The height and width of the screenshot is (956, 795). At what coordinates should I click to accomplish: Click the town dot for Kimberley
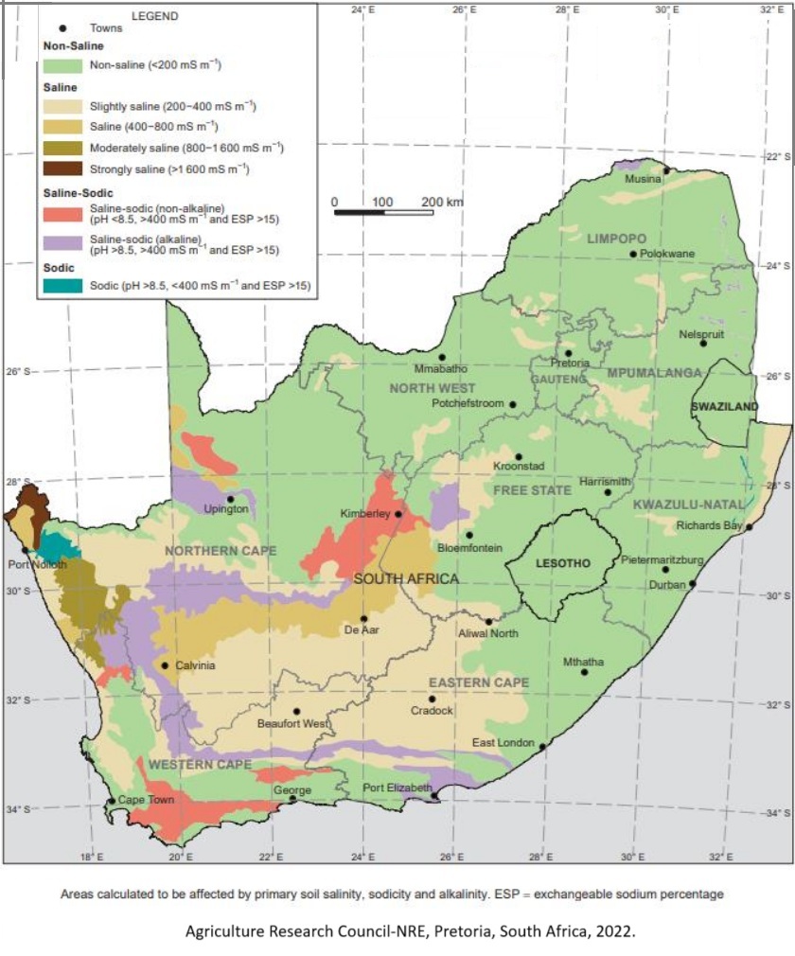[398, 514]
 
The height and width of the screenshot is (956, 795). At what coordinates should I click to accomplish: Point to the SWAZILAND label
[724, 406]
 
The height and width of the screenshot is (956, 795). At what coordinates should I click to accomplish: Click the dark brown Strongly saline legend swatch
[63, 169]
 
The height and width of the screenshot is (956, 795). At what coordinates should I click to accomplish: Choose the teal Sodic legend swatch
[63, 284]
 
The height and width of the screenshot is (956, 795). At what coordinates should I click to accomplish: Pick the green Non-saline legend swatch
[63, 65]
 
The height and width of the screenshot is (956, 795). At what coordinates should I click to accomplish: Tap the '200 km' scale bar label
[442, 203]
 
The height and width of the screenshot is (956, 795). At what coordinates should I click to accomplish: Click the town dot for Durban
[692, 584]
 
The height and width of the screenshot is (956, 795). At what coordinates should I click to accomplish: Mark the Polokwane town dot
[633, 254]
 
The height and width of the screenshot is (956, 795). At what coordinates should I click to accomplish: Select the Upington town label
[226, 510]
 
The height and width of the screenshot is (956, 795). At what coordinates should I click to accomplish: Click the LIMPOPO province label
[615, 238]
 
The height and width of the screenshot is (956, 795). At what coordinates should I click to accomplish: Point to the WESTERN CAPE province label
[200, 764]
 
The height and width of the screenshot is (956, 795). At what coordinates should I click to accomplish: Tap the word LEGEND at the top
[155, 16]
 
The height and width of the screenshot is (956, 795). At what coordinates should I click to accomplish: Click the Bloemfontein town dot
[468, 535]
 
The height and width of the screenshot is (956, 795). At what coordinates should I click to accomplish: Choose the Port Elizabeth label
[397, 788]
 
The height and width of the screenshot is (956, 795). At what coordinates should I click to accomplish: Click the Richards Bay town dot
[749, 527]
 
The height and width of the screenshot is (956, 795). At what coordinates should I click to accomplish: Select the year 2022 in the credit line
[615, 930]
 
